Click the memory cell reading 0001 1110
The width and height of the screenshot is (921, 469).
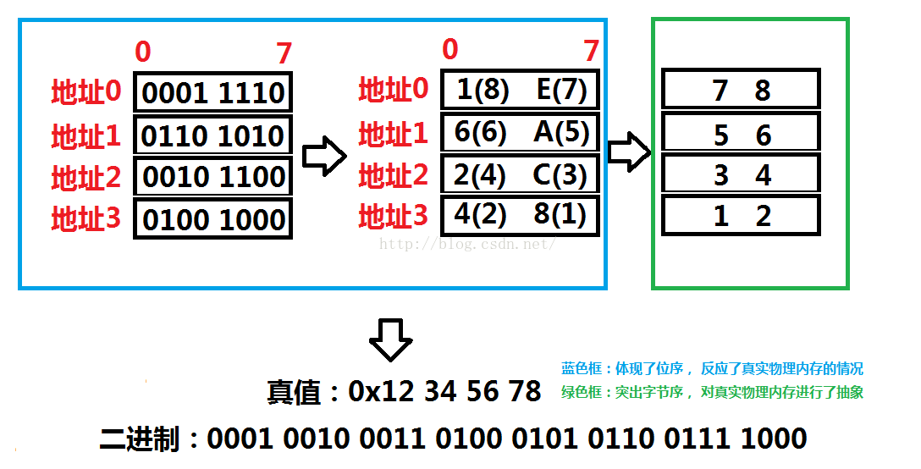click(212, 92)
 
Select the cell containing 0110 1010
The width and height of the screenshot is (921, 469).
click(212, 135)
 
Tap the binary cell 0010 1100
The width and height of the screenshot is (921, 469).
click(212, 178)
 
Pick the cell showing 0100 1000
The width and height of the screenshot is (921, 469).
click(212, 219)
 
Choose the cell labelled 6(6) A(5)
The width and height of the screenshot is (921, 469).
click(521, 132)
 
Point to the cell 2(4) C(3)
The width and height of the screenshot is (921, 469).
click(521, 174)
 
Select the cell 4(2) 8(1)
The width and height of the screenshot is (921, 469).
click(521, 215)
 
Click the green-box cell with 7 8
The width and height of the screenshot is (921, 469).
click(741, 90)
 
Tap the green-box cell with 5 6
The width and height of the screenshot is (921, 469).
click(741, 134)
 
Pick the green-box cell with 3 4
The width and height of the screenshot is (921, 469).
click(741, 175)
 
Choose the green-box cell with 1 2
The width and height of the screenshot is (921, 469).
click(741, 216)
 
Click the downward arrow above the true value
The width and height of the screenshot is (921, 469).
click(390, 339)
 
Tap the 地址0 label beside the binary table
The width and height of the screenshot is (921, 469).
click(86, 92)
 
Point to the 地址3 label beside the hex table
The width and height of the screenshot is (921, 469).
click(394, 217)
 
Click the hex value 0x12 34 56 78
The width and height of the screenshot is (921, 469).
click(444, 391)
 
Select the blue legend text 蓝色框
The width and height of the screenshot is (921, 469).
click(580, 369)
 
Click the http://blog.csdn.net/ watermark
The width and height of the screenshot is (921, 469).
click(466, 245)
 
